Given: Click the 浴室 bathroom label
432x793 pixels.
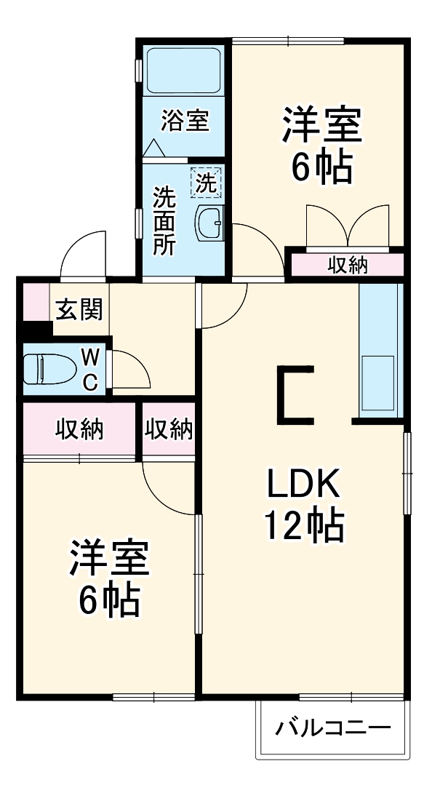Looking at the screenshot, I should point(185,120).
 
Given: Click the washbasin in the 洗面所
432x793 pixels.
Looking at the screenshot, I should point(210,223).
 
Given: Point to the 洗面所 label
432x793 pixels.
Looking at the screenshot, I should point(164,220).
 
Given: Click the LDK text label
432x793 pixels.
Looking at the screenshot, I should point(303,483).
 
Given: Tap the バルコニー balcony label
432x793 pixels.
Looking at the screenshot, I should point(333,728).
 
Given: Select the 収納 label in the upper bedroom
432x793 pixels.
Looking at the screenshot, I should point(347,266).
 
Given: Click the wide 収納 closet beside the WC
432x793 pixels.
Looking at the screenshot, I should point(79,430).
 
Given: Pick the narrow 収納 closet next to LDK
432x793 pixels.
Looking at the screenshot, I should point(169,430).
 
